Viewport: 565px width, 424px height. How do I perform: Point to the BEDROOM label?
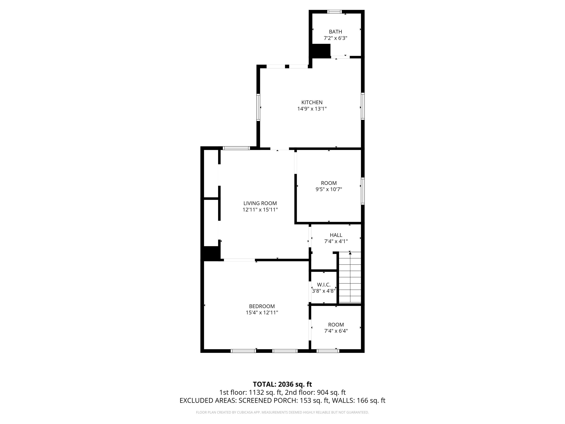pos(262,306)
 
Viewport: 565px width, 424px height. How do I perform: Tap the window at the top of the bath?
pos(334,11)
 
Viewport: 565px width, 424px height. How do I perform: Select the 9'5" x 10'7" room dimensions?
pos(328,189)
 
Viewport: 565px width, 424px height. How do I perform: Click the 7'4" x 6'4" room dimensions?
pos(336,331)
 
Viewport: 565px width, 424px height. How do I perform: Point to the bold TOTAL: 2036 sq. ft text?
pos(282,384)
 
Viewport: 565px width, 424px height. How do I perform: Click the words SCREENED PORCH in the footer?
pos(267,400)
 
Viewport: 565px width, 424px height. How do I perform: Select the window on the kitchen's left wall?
pos(258,107)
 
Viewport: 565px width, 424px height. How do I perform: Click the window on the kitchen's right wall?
pos(363,106)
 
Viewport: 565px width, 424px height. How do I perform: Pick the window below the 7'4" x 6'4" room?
pos(328,351)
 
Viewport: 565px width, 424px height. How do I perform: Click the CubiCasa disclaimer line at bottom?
pos(282,412)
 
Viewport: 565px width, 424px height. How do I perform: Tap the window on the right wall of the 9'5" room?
pos(363,191)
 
